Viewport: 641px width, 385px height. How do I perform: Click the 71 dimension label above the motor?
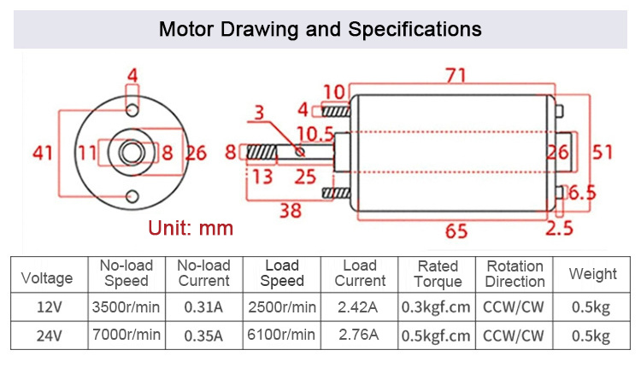click(x=456, y=75)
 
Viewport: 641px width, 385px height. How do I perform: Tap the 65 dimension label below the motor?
click(x=456, y=231)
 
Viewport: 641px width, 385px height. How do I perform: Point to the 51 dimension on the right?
click(x=603, y=152)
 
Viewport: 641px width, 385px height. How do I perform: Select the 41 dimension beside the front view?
click(x=43, y=153)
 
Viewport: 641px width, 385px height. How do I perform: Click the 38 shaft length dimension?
click(x=291, y=211)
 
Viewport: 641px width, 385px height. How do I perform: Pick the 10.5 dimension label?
click(x=315, y=134)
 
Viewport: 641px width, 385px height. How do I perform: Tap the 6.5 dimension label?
click(x=582, y=193)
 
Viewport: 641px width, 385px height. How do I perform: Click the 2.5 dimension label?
click(x=560, y=228)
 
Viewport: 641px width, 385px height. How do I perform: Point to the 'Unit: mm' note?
click(x=191, y=228)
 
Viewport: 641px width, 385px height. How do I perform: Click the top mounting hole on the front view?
click(x=132, y=109)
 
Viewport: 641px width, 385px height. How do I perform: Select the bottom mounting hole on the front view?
click(x=132, y=196)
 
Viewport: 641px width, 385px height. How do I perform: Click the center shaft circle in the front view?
click(x=132, y=152)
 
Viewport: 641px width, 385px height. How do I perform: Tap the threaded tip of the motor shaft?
click(x=262, y=152)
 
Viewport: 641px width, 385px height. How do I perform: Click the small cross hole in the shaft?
click(x=300, y=152)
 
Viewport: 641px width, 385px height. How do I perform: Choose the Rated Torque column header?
click(x=438, y=274)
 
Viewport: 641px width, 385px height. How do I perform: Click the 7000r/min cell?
click(x=126, y=335)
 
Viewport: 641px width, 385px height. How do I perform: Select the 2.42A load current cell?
click(x=358, y=307)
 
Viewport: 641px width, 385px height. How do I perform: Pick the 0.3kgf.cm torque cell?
click(x=436, y=307)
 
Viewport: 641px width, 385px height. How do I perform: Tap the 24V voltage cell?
click(x=49, y=335)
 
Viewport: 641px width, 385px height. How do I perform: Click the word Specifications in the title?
click(x=415, y=29)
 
